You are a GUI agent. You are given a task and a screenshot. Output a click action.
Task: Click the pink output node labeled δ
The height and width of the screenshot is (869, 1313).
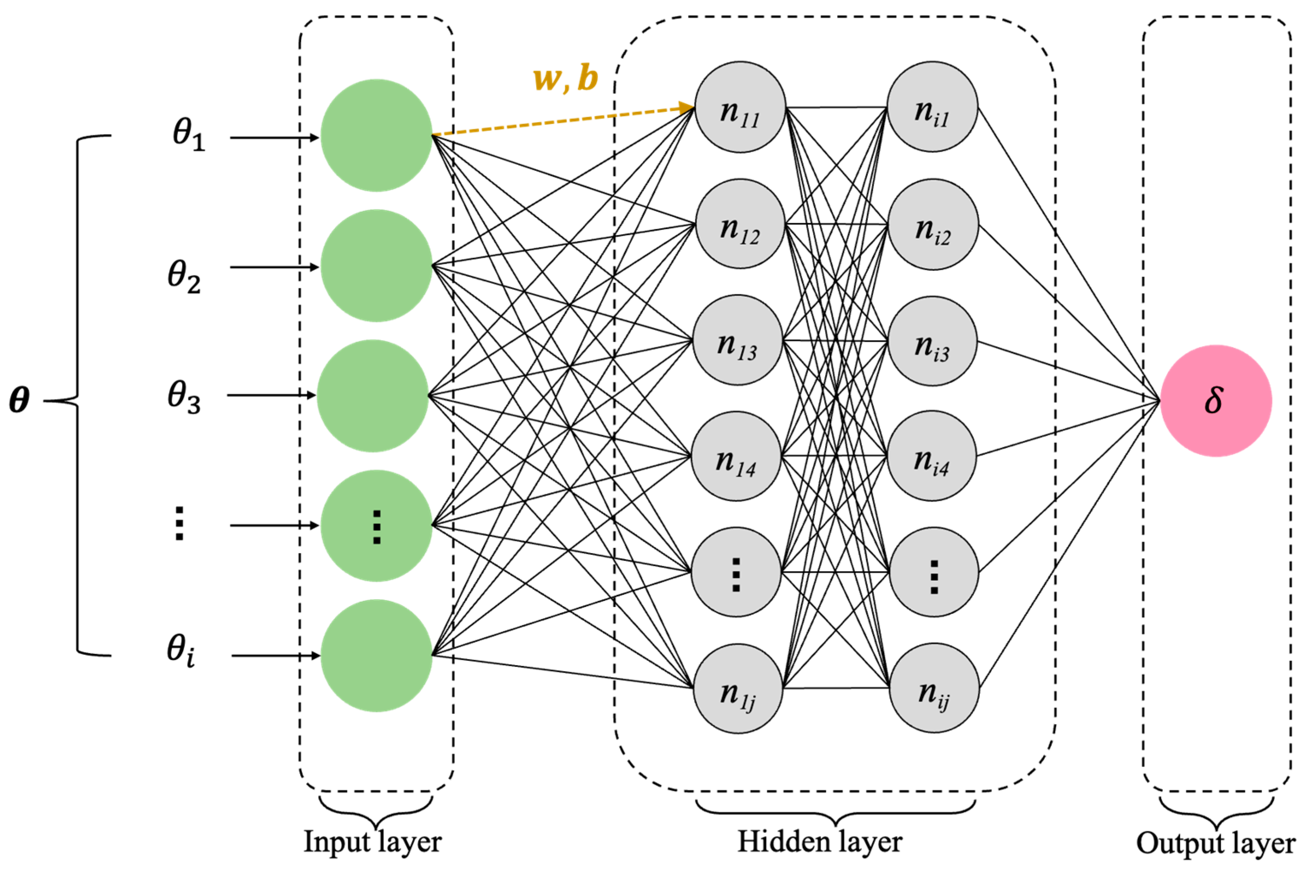click(x=1215, y=401)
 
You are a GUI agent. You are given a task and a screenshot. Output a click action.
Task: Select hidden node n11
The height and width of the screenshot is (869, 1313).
click(x=740, y=107)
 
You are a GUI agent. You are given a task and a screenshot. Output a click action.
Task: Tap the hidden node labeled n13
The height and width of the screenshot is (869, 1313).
click(x=737, y=340)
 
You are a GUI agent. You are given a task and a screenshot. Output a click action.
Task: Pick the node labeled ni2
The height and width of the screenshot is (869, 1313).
click(x=933, y=224)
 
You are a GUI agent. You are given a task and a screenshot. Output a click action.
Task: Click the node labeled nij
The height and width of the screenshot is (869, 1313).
click(x=934, y=689)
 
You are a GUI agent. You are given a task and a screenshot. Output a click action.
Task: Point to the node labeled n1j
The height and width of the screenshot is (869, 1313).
click(x=738, y=689)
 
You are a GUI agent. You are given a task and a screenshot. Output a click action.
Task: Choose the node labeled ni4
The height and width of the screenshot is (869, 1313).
click(x=932, y=456)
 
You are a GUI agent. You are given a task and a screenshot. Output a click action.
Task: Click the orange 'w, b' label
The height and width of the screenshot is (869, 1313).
click(x=566, y=78)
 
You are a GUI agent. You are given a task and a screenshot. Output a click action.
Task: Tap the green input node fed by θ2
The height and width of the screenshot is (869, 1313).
click(x=376, y=266)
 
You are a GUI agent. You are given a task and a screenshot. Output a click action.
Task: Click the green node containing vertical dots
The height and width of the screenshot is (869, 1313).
click(x=376, y=525)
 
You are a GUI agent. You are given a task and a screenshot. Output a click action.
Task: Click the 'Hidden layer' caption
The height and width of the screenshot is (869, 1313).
click(x=820, y=841)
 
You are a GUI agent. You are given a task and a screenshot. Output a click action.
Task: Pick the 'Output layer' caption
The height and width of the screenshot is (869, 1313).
click(x=1215, y=843)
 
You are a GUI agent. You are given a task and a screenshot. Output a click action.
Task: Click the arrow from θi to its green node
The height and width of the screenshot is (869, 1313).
click(x=275, y=656)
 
